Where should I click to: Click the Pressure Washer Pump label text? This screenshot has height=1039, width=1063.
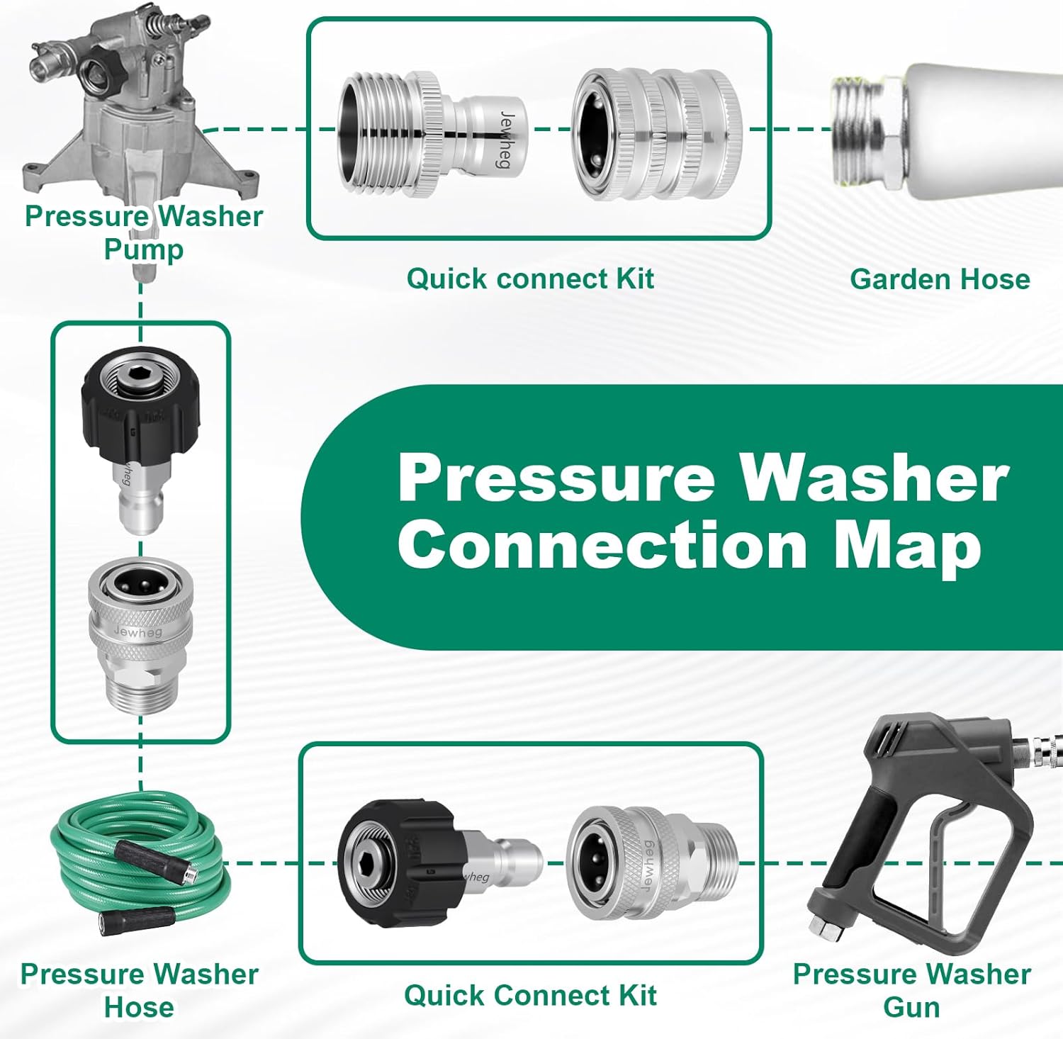pyautogui.click(x=143, y=232)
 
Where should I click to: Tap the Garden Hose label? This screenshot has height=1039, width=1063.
pyautogui.click(x=940, y=279)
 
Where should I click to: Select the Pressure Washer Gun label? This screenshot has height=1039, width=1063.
pyautogui.click(x=911, y=990)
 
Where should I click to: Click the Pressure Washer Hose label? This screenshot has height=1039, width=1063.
pyautogui.click(x=139, y=990)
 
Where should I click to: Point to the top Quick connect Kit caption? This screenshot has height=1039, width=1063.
pyautogui.click(x=530, y=279)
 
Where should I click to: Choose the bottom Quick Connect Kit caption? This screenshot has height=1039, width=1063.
pyautogui.click(x=530, y=995)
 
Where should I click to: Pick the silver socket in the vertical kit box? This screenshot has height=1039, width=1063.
pyautogui.click(x=140, y=631)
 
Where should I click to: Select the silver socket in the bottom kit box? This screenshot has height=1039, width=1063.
pyautogui.click(x=648, y=861)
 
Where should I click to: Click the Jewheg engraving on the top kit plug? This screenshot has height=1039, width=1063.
pyautogui.click(x=505, y=139)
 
